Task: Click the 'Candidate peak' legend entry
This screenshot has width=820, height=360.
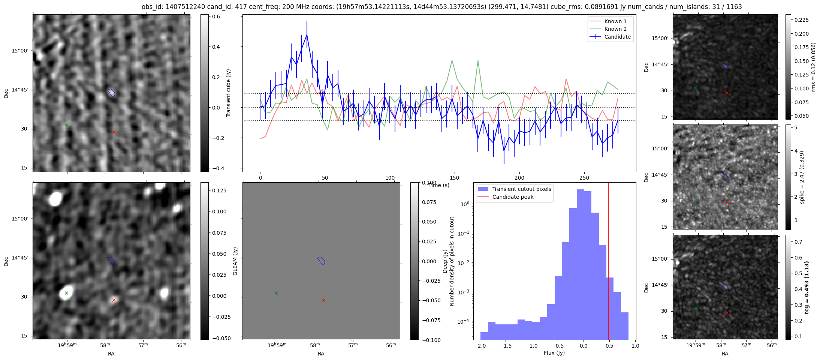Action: pyautogui.click(x=513, y=197)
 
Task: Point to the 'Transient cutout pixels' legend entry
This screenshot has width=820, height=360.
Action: pyautogui.click(x=521, y=189)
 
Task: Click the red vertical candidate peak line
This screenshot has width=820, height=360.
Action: pyautogui.click(x=608, y=262)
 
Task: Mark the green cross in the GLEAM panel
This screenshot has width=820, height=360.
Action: pyautogui.click(x=276, y=293)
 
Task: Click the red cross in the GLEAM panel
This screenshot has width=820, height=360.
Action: pyautogui.click(x=323, y=300)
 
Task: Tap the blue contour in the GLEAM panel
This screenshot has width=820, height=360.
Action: pyautogui.click(x=321, y=260)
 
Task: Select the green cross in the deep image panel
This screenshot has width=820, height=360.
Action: pyautogui.click(x=66, y=293)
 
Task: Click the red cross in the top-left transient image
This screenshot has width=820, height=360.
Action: pyautogui.click(x=114, y=132)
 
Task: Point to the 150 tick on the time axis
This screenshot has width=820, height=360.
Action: pyautogui.click(x=455, y=178)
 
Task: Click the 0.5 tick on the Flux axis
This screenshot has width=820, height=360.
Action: pyautogui.click(x=609, y=346)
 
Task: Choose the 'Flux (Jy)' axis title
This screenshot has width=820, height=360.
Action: pyautogui.click(x=554, y=353)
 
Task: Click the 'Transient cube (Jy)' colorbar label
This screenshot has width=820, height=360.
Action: pyautogui.click(x=229, y=93)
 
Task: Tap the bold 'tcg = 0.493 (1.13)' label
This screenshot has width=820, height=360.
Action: pyautogui.click(x=807, y=287)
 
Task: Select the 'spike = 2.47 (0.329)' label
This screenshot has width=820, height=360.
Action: pyautogui.click(x=802, y=177)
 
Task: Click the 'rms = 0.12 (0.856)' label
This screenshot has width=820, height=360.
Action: pyautogui.click(x=813, y=67)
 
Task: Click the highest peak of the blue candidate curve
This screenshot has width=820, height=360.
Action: pyautogui.click(x=307, y=35)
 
